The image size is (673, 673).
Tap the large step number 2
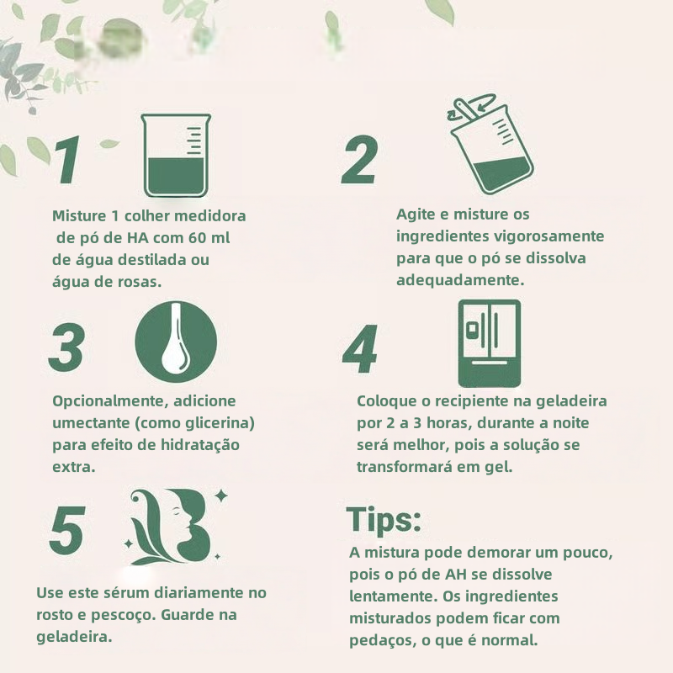pos(360,160)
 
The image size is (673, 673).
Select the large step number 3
pos(66,347)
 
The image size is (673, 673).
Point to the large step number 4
pos(360,349)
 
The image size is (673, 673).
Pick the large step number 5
pos(67,530)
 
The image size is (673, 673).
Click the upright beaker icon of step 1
pos(176,156)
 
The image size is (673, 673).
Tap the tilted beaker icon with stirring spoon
pos(490,143)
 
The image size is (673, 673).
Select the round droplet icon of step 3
pos(176,342)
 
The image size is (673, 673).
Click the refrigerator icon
pos(490,343)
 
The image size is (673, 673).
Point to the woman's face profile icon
pos(175,527)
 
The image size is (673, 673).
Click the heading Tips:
pos(384,520)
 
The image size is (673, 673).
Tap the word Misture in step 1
pos(79,215)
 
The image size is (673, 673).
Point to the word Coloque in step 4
pos(387,401)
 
